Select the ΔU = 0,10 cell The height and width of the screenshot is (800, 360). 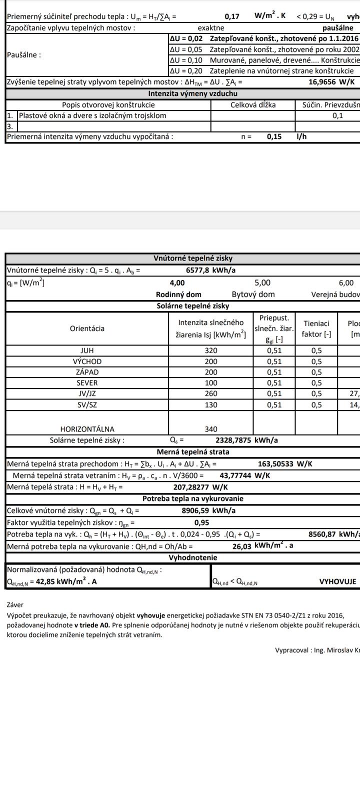click(186, 60)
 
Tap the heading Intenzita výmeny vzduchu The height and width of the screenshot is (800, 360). click(192, 93)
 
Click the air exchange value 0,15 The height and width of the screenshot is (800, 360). click(274, 136)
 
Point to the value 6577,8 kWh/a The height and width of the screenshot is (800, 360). click(210, 270)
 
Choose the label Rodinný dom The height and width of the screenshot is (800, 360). click(178, 294)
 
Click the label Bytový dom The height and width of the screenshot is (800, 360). click(253, 294)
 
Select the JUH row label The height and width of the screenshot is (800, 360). click(87, 350)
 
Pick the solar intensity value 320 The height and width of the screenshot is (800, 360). click(211, 350)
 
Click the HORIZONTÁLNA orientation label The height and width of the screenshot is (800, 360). click(87, 429)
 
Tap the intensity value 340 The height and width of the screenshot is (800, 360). click(211, 429)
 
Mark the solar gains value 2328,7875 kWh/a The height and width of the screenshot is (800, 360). click(246, 440)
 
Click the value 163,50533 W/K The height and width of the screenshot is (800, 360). click(285, 464)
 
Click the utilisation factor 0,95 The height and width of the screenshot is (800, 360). click(201, 522)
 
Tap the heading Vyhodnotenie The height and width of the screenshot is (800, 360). click(192, 557)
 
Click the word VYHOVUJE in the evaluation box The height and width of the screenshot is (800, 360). click(337, 581)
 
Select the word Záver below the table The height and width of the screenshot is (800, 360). click(15, 604)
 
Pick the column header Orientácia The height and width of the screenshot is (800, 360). click(87, 328)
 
